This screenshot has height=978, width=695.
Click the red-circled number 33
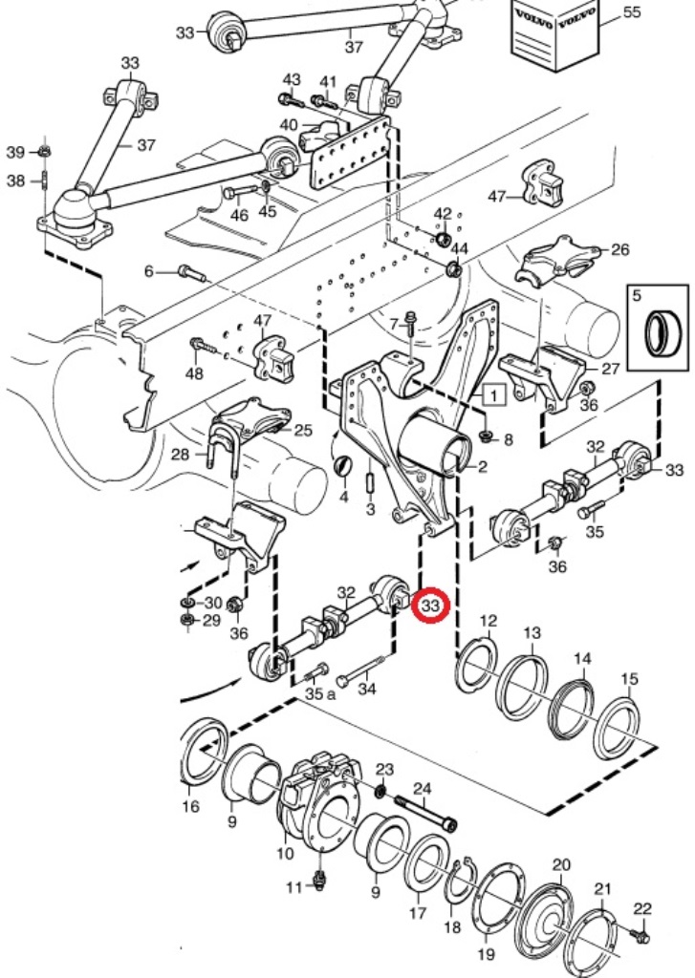point(429,605)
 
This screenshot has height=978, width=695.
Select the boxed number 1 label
point(493,393)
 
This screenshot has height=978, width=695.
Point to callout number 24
point(422,789)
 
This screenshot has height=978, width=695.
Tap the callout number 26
point(619,250)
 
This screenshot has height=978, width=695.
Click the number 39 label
point(15,153)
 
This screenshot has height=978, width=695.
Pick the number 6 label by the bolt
point(148,272)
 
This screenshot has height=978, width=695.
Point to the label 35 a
point(320,694)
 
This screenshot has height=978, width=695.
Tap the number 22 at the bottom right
point(641,907)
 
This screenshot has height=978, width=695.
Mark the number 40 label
point(288,124)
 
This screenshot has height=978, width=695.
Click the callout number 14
point(582,659)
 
